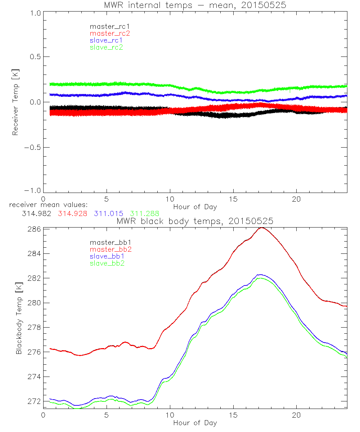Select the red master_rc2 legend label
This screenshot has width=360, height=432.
click(x=109, y=33)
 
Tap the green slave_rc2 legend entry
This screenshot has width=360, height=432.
click(x=106, y=47)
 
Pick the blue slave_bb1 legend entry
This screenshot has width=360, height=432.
click(x=106, y=256)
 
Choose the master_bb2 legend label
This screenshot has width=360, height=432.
click(x=111, y=249)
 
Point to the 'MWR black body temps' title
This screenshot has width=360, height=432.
click(x=195, y=221)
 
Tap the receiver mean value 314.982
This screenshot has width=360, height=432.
click(x=37, y=213)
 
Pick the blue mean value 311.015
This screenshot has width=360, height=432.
click(x=108, y=213)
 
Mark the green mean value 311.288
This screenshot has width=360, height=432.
click(x=145, y=213)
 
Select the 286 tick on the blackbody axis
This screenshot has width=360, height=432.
click(x=34, y=229)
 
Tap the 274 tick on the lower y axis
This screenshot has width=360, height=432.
click(x=34, y=377)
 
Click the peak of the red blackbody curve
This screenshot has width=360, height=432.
click(x=262, y=228)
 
